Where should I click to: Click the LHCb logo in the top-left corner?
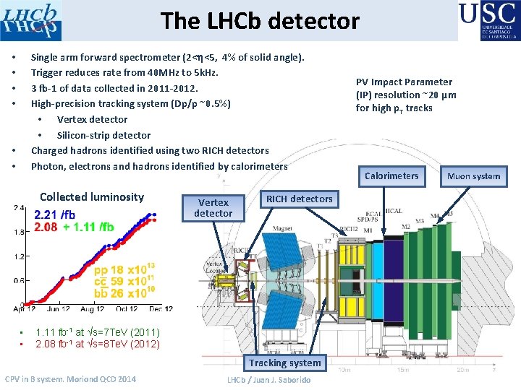pos(31,20)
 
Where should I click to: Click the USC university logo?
pos(488,20)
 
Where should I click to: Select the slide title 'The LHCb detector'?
pos(260,21)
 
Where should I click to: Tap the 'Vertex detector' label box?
pos(213,208)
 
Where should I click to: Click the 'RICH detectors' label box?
pos(299,199)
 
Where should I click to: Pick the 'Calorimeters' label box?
pos(391,175)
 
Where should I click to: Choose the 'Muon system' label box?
pos(473,176)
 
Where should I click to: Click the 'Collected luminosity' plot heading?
pos(92,196)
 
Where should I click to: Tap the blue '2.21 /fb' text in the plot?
pos(54,214)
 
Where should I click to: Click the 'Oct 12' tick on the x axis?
pos(126,308)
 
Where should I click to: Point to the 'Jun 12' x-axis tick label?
pos(59,308)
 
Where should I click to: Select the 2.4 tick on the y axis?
pos(20,209)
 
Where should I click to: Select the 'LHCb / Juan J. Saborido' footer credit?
pos(268,380)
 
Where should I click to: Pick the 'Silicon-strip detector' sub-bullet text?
pos(103,135)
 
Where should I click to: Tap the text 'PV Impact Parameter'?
pos(404,82)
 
